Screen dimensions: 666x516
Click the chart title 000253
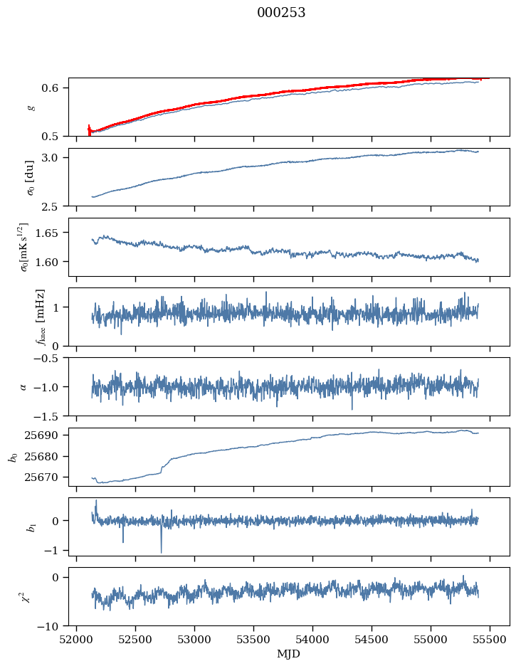[x=281, y=13]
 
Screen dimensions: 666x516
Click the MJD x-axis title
[x=289, y=654]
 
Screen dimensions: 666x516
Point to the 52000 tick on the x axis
[x=77, y=639]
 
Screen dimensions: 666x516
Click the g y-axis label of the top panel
[x=30, y=107]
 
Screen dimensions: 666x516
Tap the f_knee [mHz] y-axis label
[x=40, y=317]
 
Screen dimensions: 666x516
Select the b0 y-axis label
[x=12, y=457]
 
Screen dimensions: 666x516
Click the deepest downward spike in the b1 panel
[x=161, y=551]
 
